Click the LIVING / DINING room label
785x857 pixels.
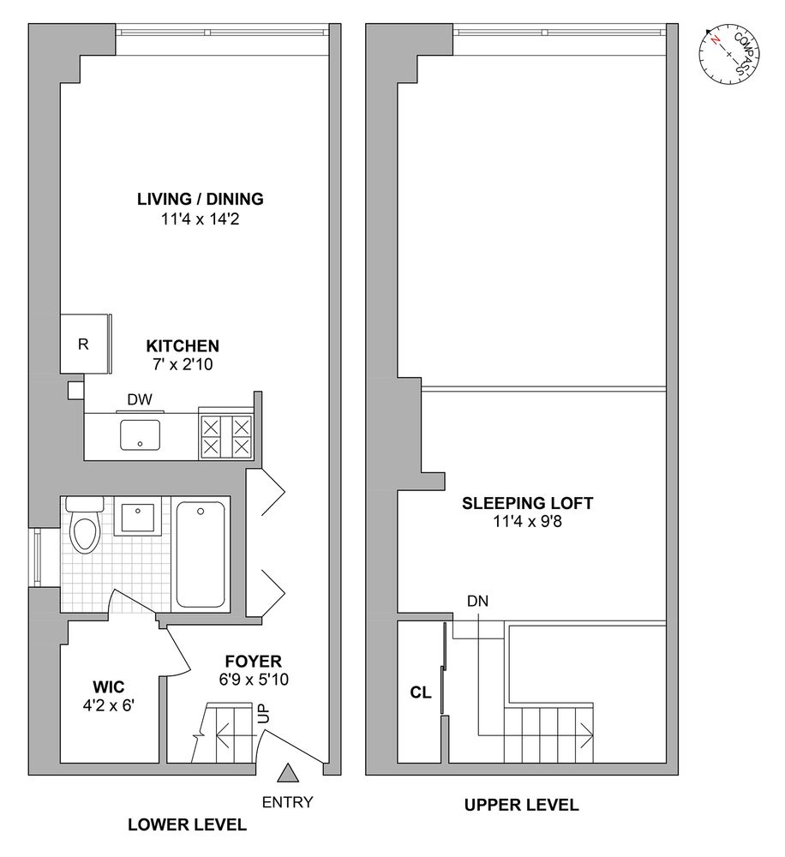pyautogui.click(x=200, y=200)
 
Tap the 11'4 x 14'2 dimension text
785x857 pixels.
pyautogui.click(x=200, y=219)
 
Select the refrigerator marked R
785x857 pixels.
pyautogui.click(x=83, y=345)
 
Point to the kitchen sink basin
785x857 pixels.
pyautogui.click(x=141, y=434)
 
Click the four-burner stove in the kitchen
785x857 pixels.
pyautogui.click(x=225, y=435)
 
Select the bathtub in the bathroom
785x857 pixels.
pyautogui.click(x=200, y=554)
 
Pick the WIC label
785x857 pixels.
pyautogui.click(x=109, y=686)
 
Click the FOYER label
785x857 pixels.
pyautogui.click(x=253, y=662)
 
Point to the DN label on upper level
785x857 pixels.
pyautogui.click(x=477, y=602)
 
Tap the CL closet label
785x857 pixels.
pyautogui.click(x=420, y=693)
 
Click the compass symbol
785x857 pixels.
pyautogui.click(x=729, y=54)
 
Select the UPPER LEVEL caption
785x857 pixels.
pyautogui.click(x=521, y=805)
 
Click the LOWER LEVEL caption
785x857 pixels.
pyautogui.click(x=187, y=825)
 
